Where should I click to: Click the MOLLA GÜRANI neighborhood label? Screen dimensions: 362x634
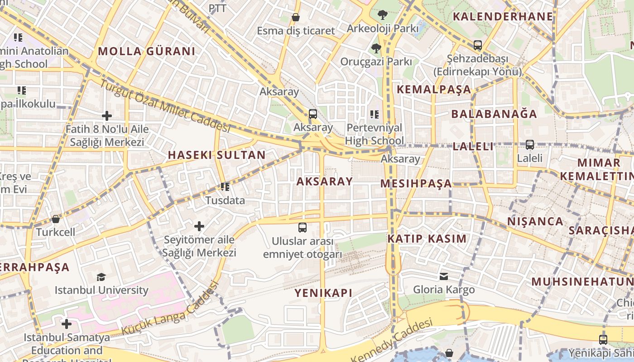pyautogui.click(x=146, y=51)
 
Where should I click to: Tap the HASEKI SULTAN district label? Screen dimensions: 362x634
pyautogui.click(x=216, y=155)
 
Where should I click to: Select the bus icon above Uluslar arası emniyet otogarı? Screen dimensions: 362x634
pyautogui.click(x=303, y=228)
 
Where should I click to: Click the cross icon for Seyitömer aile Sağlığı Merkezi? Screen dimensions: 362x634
pyautogui.click(x=199, y=226)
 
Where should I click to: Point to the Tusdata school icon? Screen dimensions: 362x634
pyautogui.click(x=225, y=186)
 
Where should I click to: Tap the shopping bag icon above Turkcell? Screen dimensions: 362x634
pyautogui.click(x=56, y=219)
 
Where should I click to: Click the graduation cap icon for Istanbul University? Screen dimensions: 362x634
pyautogui.click(x=101, y=277)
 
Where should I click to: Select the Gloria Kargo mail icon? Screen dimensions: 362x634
pyautogui.click(x=444, y=276)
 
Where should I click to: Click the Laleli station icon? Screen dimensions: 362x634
pyautogui.click(x=529, y=145)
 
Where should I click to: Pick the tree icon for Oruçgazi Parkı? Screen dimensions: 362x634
pyautogui.click(x=376, y=48)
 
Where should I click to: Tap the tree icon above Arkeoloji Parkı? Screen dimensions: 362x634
pyautogui.click(x=383, y=15)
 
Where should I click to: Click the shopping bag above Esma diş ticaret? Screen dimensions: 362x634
pyautogui.click(x=296, y=17)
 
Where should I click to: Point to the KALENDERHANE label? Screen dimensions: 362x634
pyautogui.click(x=503, y=17)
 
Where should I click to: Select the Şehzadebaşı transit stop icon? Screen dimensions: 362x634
pyautogui.click(x=477, y=45)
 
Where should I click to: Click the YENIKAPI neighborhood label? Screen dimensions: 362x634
pyautogui.click(x=323, y=293)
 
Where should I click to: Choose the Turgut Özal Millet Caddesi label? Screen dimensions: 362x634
pyautogui.click(x=165, y=106)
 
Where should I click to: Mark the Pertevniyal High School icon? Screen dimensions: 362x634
pyautogui.click(x=374, y=114)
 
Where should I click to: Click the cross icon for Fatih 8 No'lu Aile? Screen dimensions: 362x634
pyautogui.click(x=107, y=116)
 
